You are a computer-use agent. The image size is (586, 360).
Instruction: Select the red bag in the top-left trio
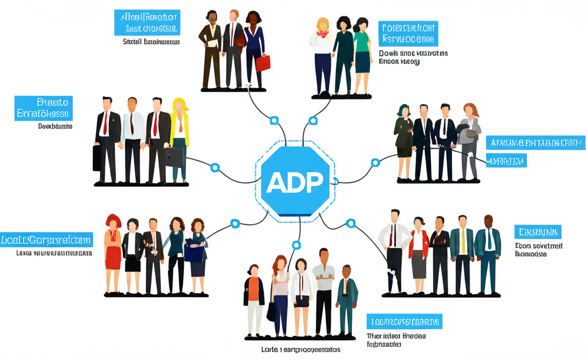[x=262, y=62]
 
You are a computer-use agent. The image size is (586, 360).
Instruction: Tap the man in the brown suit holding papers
[x=210, y=49]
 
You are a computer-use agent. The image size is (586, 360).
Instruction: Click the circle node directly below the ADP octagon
[x=296, y=245]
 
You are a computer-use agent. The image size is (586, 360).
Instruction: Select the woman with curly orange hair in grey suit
[x=470, y=137]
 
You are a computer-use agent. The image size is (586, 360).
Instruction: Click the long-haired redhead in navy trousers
[x=280, y=292]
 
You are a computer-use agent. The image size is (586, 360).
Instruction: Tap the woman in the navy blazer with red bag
[x=254, y=49]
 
